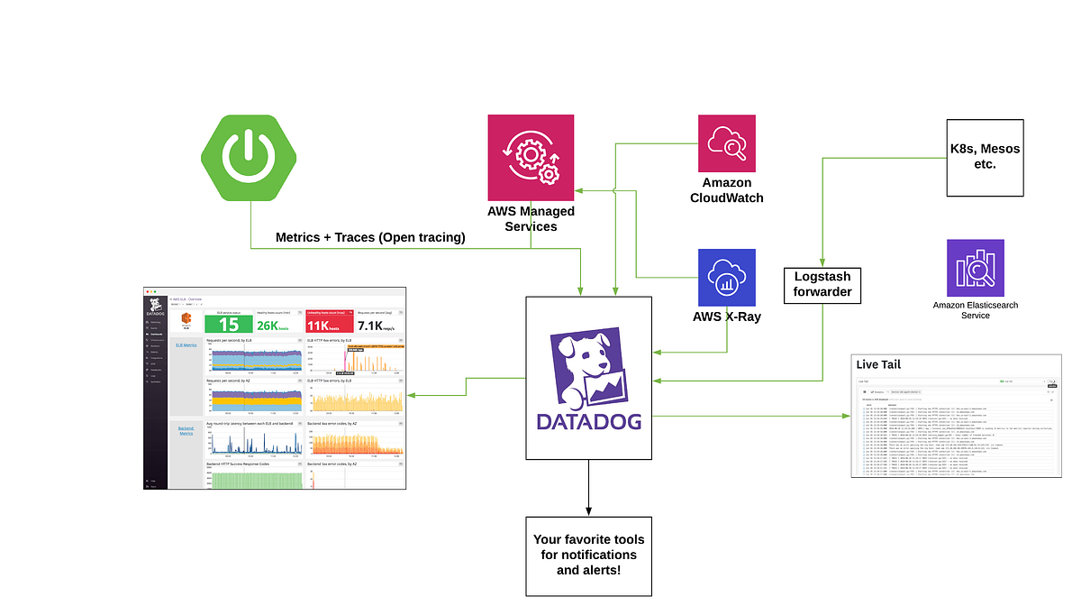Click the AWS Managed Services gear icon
[531, 158]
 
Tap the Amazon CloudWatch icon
[727, 143]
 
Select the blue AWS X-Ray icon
[727, 277]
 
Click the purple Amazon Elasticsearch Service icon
[975, 268]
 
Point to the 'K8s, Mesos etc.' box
[985, 158]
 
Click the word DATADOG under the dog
[588, 422]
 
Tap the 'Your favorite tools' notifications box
[588, 555]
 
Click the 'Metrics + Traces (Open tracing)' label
[370, 237]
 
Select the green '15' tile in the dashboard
[229, 325]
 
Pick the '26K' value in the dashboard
[274, 326]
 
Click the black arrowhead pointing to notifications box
[588, 510]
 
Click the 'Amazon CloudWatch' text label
[727, 191]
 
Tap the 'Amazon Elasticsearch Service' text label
[975, 310]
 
